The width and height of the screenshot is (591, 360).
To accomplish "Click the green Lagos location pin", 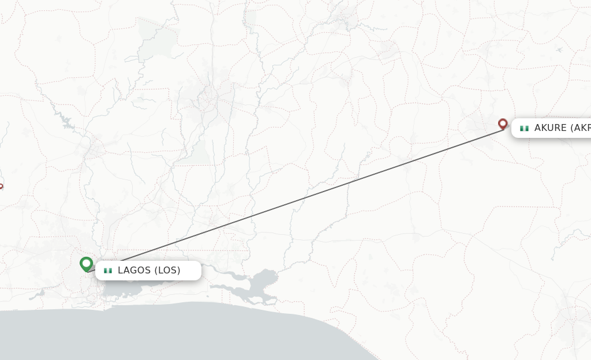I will [87, 264].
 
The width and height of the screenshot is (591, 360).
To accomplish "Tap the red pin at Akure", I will [503, 124].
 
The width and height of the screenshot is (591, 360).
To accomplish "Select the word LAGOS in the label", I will [134, 270].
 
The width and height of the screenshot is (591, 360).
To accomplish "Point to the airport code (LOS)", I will [167, 270].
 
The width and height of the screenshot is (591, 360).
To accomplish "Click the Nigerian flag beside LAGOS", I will [107, 271].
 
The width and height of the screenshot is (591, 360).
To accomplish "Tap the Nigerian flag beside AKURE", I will [524, 128].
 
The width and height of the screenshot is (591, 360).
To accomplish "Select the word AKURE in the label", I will [551, 128].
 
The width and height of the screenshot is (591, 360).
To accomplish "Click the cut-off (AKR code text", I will [581, 128].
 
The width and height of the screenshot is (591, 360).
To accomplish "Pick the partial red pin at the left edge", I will [1, 186].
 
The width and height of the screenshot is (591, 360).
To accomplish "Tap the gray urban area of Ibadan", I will [208, 101].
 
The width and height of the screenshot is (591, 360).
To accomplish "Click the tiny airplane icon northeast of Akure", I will [559, 50].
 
